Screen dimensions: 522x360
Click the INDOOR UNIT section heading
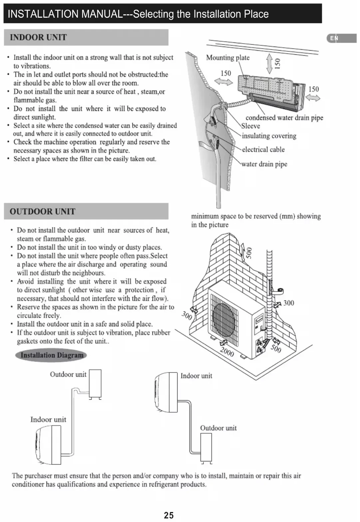[38, 37]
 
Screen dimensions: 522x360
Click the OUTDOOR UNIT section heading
[42, 211]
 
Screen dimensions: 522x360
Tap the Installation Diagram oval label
[51, 355]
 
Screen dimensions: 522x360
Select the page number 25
[169, 515]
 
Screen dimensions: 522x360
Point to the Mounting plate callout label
[227, 58]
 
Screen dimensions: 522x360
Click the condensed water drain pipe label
[284, 118]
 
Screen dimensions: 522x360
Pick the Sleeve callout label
[251, 126]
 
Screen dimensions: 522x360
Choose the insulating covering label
[269, 136]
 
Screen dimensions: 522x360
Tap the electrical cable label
[263, 150]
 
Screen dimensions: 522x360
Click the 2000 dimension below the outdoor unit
[227, 351]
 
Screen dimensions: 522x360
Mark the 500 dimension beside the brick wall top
[248, 253]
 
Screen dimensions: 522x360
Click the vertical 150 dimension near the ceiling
[277, 63]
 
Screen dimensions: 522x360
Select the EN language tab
[334, 38]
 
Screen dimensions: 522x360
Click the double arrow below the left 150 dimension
[223, 82]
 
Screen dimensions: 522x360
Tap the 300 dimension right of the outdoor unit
[288, 303]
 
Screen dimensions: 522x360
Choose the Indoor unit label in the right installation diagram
[196, 376]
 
